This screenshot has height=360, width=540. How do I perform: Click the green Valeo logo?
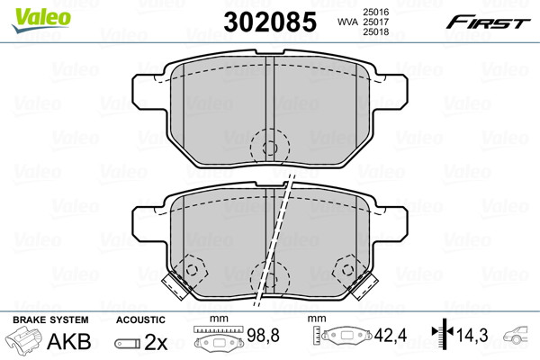coord(41,20)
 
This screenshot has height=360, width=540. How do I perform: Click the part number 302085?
coord(270,22)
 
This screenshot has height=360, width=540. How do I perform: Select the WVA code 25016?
coord(376,12)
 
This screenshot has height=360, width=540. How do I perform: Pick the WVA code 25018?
coord(376,32)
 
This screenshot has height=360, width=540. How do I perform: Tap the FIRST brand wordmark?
coord(488,22)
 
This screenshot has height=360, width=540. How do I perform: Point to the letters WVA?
coord(348,22)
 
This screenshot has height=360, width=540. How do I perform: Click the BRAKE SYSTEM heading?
coord(50,319)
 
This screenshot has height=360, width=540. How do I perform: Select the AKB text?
coord(69,341)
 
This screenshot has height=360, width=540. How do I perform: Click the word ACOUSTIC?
coord(140,319)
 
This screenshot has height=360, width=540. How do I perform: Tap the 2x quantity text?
coord(156,342)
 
